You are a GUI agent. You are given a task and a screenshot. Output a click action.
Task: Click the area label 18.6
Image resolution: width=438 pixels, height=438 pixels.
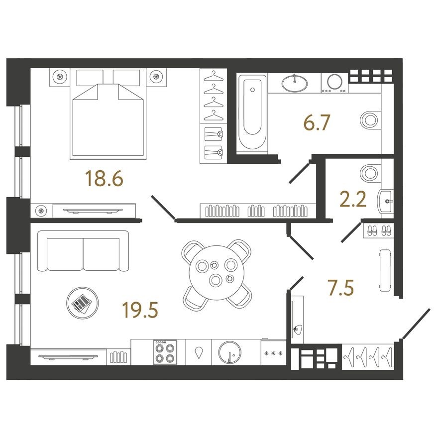[x=104, y=178]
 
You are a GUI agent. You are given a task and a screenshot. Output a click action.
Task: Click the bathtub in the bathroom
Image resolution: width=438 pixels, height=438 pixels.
[x=252, y=113]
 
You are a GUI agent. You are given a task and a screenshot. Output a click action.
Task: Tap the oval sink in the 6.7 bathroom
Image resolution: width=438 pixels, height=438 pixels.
[x=295, y=83]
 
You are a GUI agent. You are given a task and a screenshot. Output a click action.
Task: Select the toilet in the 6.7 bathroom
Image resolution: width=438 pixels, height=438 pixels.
[x=369, y=118]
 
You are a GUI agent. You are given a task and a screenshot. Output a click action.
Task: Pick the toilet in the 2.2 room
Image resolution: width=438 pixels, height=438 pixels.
[x=369, y=173]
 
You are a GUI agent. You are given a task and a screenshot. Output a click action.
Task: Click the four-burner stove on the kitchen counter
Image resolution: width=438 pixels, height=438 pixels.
[x=165, y=352]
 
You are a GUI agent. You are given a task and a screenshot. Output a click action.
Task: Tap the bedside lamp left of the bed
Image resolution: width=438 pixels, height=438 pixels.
[x=60, y=77]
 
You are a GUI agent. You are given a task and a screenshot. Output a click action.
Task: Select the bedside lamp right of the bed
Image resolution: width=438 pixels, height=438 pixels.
[x=157, y=77]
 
